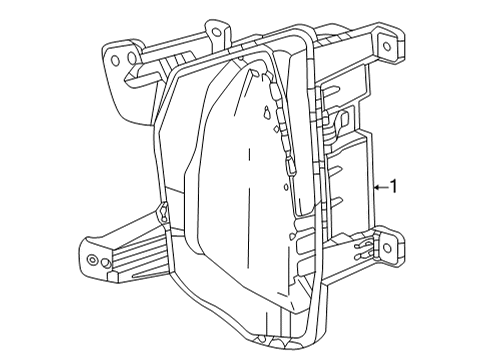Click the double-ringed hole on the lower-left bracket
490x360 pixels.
pyautogui.click(x=93, y=260)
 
